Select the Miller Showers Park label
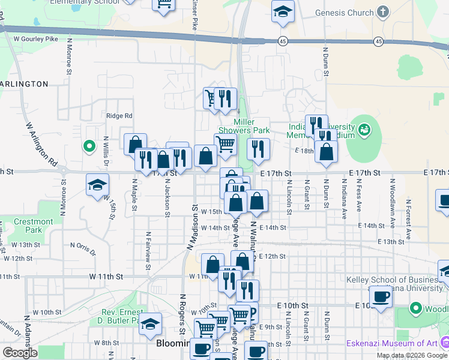pos(244,126)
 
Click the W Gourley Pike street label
pos(35,39)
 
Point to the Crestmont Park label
pos(34,226)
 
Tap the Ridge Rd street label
pos(119,116)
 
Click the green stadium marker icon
pos(364,130)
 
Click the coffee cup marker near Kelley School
pos(381,296)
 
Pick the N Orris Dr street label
pos(83,247)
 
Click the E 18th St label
pos(304,151)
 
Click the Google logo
pos(20,353)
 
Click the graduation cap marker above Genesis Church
pos(283,11)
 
